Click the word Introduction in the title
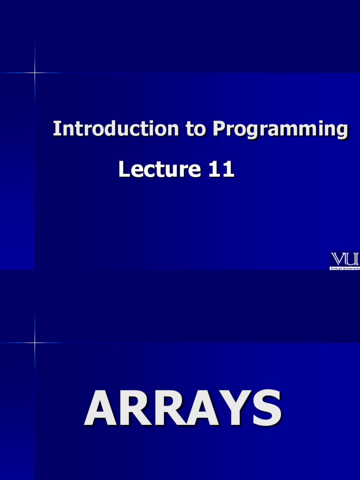[x=115, y=128]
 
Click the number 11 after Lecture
[x=221, y=169]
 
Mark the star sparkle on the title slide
[x=35, y=73]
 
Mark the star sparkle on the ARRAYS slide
[x=35, y=343]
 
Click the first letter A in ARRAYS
[x=101, y=408]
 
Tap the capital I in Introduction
[x=56, y=128]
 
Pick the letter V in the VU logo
[x=339, y=259]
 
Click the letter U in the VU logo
[x=353, y=259]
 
